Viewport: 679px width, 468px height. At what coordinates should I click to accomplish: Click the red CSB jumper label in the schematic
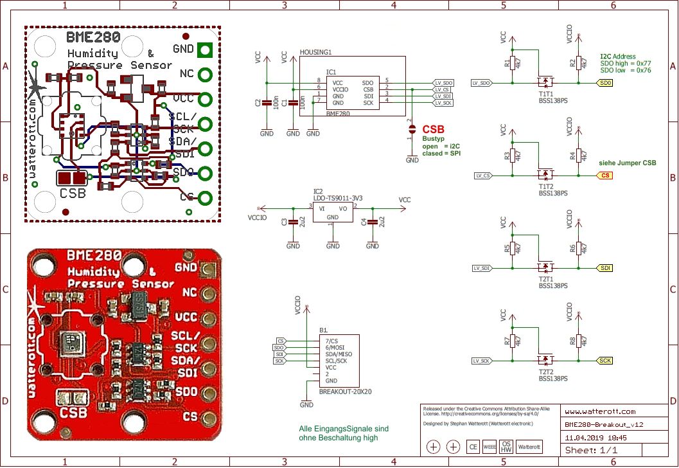433,129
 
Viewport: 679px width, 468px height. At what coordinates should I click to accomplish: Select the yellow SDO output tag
605,83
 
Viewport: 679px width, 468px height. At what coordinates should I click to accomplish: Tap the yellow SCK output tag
605,361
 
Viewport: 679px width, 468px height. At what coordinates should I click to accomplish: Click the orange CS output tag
605,175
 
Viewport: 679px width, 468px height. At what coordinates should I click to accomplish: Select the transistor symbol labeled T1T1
546,82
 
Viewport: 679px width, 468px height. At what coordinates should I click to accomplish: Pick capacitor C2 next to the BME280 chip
267,103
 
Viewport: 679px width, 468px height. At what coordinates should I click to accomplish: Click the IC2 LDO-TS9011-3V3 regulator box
333,213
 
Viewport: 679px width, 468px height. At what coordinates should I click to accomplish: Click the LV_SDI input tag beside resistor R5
482,268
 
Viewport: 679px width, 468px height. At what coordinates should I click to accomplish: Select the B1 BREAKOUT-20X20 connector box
339,361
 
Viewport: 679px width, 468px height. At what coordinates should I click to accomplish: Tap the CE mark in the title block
473,447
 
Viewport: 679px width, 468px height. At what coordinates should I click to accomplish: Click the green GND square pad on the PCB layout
206,49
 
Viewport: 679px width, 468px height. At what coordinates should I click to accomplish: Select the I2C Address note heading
617,57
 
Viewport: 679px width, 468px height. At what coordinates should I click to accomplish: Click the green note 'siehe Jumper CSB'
628,163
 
